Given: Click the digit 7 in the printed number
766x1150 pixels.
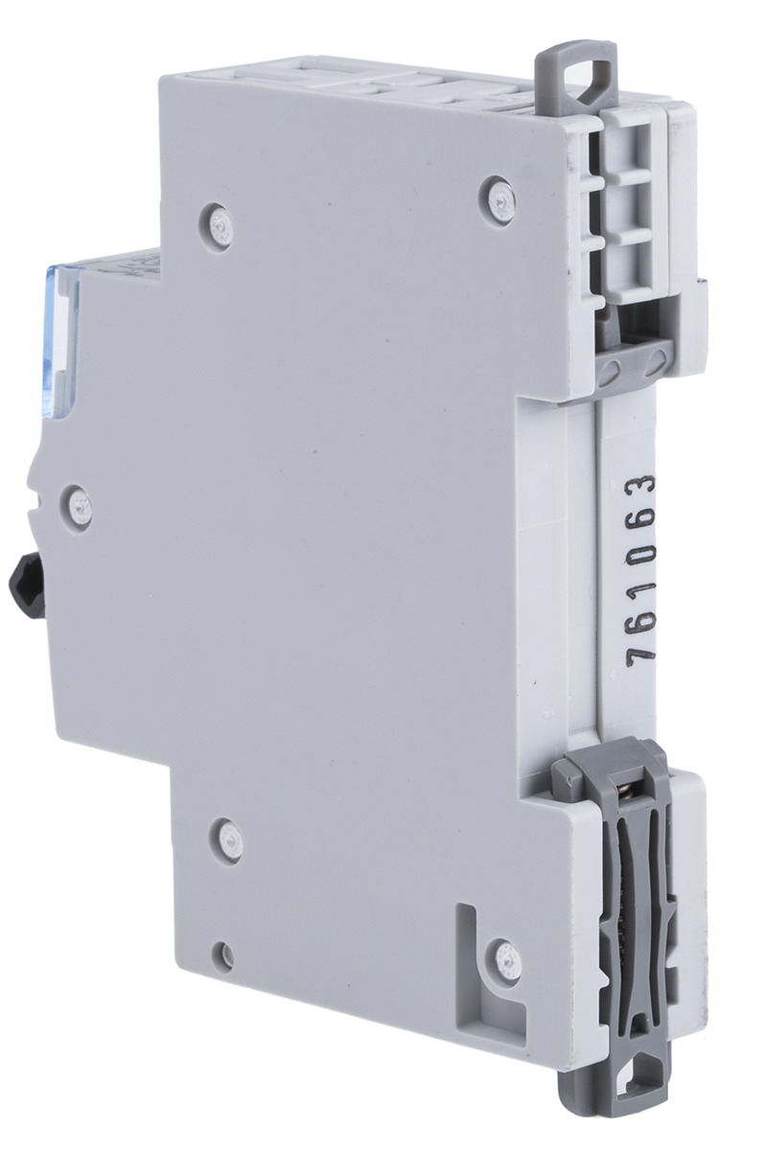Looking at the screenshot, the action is click(641, 654).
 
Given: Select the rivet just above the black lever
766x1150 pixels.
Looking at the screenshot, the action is click(81, 508).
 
